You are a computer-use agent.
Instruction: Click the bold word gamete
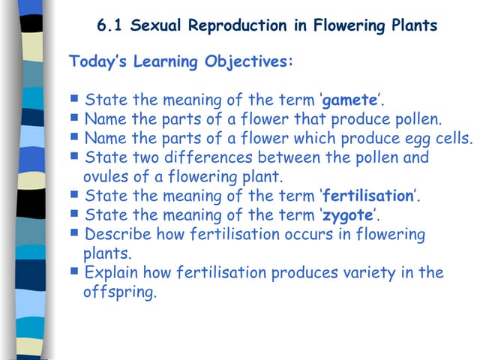(349, 100)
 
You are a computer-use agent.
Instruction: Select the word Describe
(117, 235)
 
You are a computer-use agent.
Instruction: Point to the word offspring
(119, 292)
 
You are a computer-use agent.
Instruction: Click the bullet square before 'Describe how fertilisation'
(74, 232)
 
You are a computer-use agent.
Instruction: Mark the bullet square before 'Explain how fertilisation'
(74, 271)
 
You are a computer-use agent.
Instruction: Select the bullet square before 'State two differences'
(74, 155)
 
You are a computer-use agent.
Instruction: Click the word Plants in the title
(412, 25)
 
